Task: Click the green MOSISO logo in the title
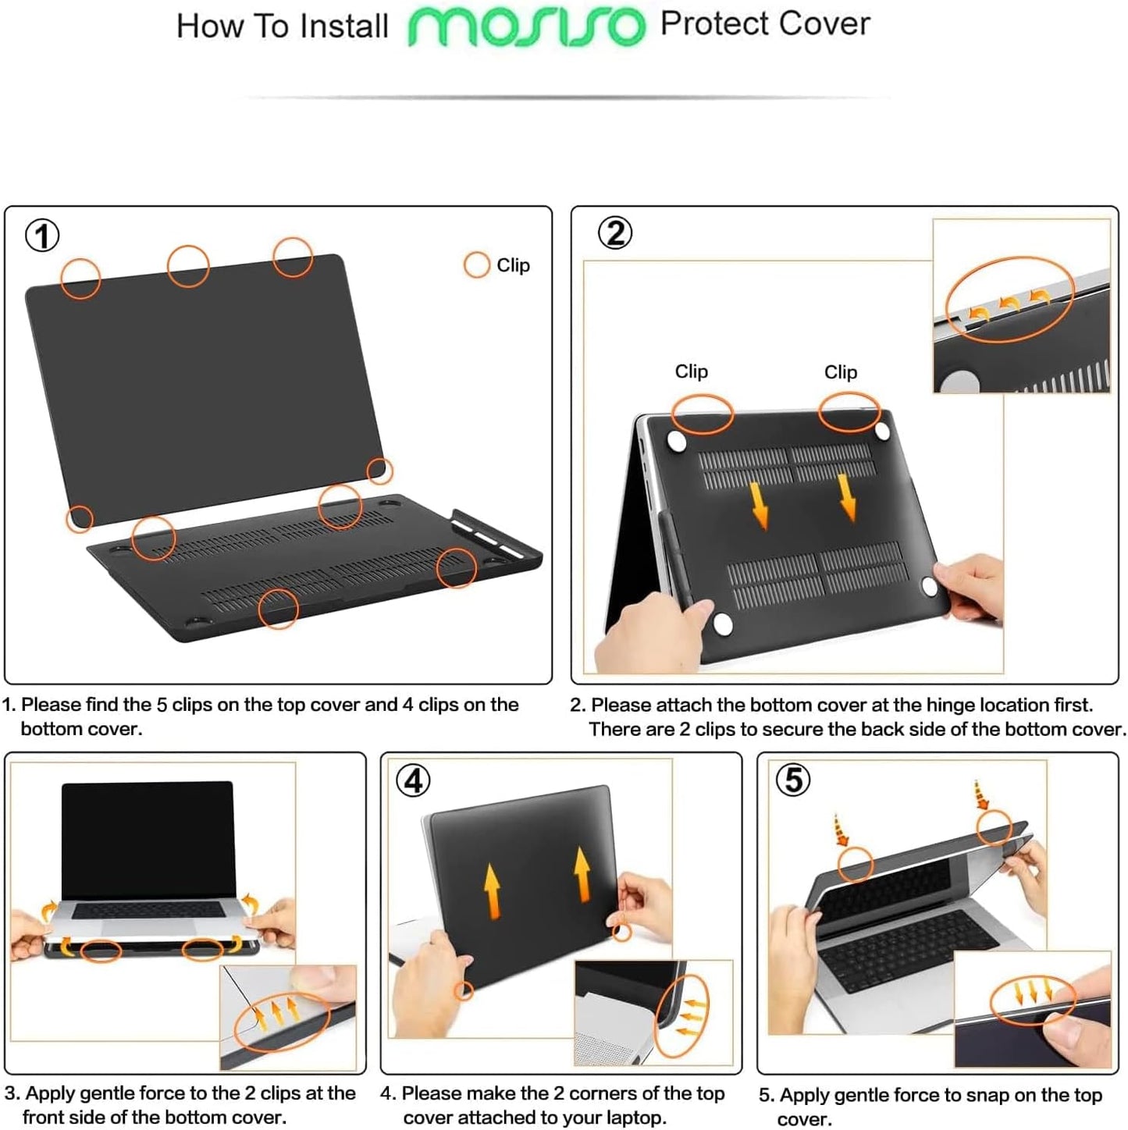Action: click(527, 27)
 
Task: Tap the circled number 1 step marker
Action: click(42, 235)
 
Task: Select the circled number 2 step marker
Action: click(615, 233)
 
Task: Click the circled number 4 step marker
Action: click(413, 780)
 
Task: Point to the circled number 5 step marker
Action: click(793, 780)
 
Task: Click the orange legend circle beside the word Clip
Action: click(476, 265)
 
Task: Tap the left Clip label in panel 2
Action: click(691, 371)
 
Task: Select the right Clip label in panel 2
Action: click(840, 372)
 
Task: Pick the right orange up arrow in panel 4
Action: click(582, 873)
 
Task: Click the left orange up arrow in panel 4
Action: click(492, 890)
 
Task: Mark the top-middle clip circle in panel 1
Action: click(188, 266)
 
